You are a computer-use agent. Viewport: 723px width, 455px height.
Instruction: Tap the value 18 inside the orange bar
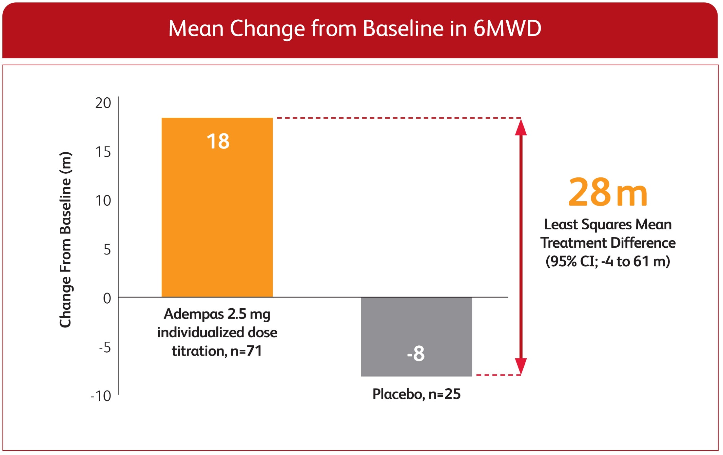point(218,141)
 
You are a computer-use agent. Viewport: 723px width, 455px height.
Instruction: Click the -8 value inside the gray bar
point(416,354)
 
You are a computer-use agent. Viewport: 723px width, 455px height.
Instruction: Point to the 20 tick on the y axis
point(103,103)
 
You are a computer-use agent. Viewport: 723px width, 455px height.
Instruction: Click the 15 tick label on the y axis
point(103,152)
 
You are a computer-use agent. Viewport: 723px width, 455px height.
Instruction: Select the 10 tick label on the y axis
point(103,201)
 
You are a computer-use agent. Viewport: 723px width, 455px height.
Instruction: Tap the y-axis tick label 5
point(107,250)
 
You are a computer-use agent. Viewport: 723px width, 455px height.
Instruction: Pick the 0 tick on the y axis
point(107,299)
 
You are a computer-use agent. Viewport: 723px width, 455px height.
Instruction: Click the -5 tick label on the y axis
point(105,347)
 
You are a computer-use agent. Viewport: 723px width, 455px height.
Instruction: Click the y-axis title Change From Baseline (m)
point(65,240)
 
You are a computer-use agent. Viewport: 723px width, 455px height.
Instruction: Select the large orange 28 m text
point(608,192)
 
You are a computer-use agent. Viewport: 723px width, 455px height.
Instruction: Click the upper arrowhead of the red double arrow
point(521,128)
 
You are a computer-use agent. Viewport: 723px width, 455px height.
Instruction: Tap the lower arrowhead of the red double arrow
point(521,366)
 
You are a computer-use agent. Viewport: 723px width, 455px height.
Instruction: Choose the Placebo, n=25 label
point(416,394)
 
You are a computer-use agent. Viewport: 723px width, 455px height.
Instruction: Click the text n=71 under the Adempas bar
point(246,351)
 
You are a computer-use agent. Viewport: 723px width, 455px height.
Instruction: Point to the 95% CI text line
point(608,262)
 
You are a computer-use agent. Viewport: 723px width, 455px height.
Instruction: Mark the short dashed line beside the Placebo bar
point(498,375)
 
